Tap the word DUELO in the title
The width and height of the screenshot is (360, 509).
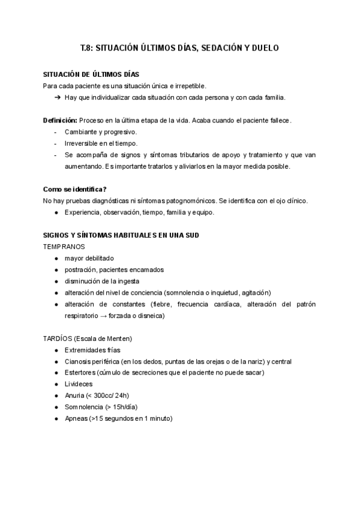[x=265, y=48]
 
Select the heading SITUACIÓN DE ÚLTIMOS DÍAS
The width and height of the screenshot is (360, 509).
[x=91, y=74]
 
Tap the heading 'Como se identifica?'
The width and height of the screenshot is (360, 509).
[x=75, y=189]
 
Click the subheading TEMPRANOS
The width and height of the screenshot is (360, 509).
[x=64, y=247]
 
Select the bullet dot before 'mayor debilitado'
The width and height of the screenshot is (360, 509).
[x=56, y=258]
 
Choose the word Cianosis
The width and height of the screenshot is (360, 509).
[x=79, y=361]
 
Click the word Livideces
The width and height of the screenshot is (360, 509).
[x=80, y=384]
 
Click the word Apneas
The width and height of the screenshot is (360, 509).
[x=76, y=418]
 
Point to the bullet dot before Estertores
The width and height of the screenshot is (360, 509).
[x=56, y=373]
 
